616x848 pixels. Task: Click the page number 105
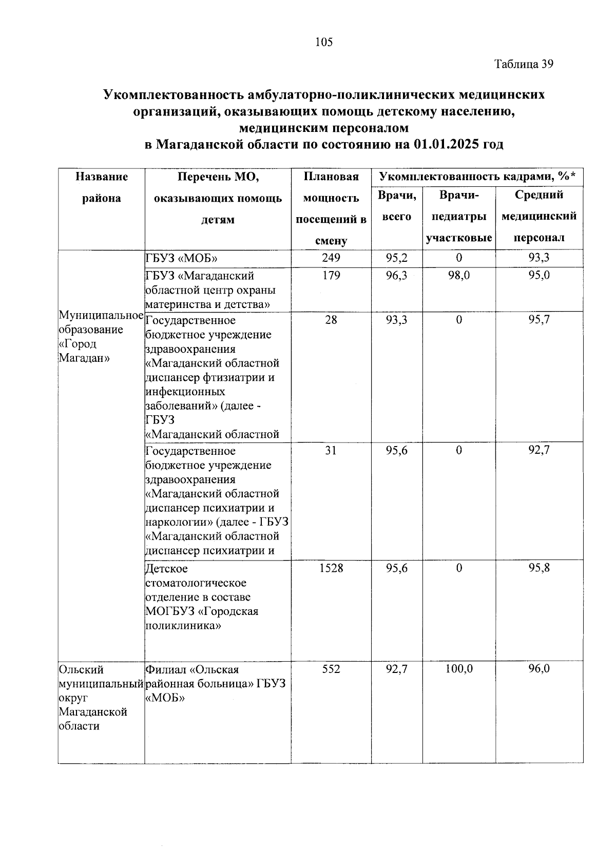click(x=324, y=42)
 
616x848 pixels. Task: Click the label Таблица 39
click(x=524, y=64)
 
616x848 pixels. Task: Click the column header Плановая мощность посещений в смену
click(x=331, y=208)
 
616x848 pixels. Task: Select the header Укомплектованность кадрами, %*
click(x=477, y=177)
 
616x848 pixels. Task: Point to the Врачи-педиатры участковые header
click(x=459, y=216)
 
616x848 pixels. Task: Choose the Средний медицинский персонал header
click(x=538, y=216)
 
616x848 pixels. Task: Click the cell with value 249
click(x=331, y=258)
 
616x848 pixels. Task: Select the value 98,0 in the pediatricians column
click(x=459, y=276)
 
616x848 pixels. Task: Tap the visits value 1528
click(x=331, y=568)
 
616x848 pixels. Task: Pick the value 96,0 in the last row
click(x=539, y=669)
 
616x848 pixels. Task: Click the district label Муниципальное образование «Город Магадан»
click(x=101, y=336)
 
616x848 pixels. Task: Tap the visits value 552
click(x=331, y=669)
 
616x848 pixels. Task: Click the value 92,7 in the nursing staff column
click(x=539, y=450)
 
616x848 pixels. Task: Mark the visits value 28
click(x=331, y=320)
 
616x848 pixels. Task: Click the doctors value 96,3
click(x=397, y=276)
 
